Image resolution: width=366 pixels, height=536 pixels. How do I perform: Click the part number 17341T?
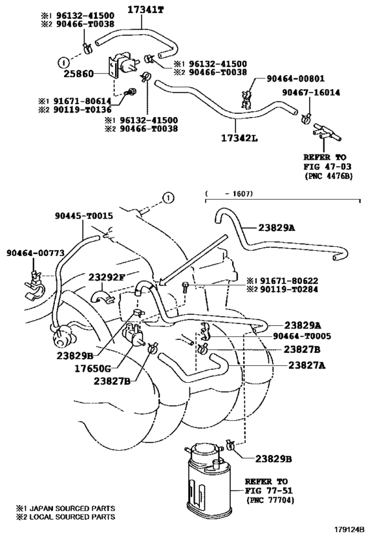[x=148, y=9]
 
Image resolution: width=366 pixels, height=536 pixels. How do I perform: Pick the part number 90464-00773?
[x=33, y=253]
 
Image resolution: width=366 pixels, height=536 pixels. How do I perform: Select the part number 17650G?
[x=107, y=368]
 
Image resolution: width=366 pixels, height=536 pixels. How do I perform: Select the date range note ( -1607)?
[x=229, y=193]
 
